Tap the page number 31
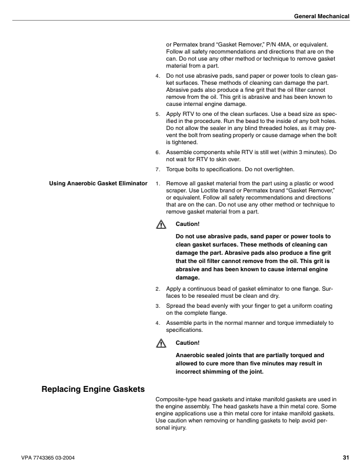pos(345,457)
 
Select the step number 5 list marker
pos(157,114)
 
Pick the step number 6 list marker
pos(157,152)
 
